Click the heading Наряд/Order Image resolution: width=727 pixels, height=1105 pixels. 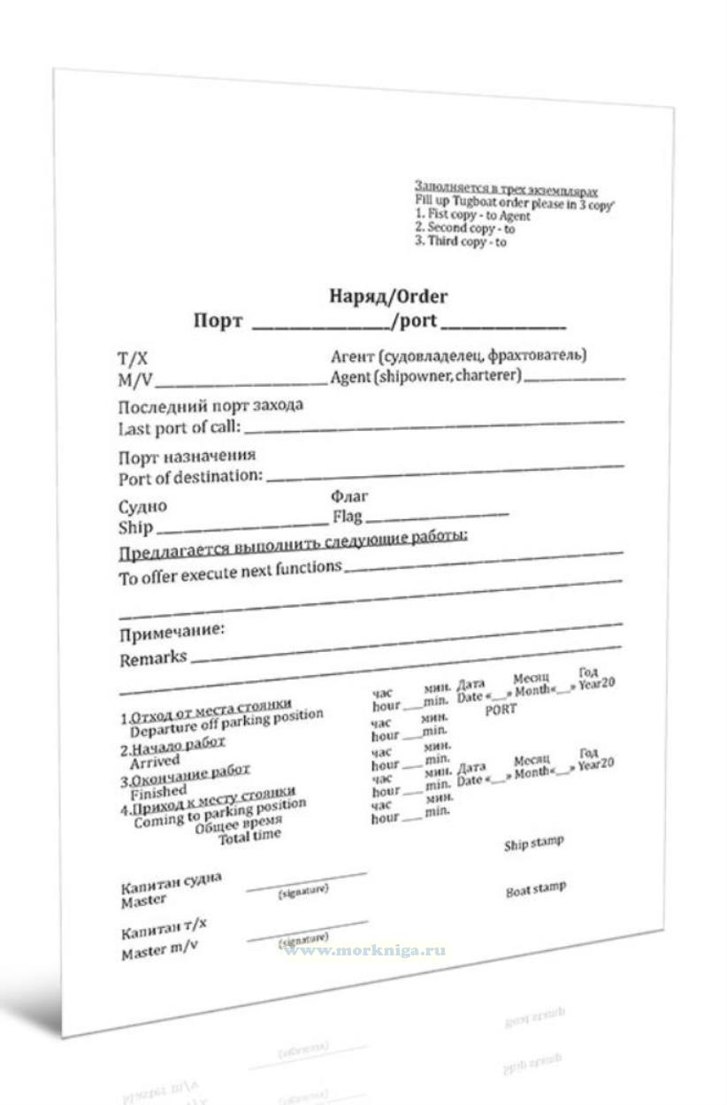coord(388,296)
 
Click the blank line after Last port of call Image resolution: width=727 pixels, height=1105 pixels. coord(433,427)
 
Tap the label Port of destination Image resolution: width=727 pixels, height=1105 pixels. coord(191,478)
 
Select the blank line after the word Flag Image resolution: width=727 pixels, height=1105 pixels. coord(437,516)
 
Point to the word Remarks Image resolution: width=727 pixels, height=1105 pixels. coord(153,659)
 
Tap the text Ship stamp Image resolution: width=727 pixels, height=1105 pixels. coord(533,843)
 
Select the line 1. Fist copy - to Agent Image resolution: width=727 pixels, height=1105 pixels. coord(473,215)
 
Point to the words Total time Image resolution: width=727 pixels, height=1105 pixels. coord(250,835)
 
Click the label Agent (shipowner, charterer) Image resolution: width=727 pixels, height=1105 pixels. coord(426,376)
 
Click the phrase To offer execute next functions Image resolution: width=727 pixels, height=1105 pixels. coord(230,572)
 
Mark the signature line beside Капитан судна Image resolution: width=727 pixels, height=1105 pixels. coord(306,879)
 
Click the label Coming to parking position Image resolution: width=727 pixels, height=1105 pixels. coord(220,812)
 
